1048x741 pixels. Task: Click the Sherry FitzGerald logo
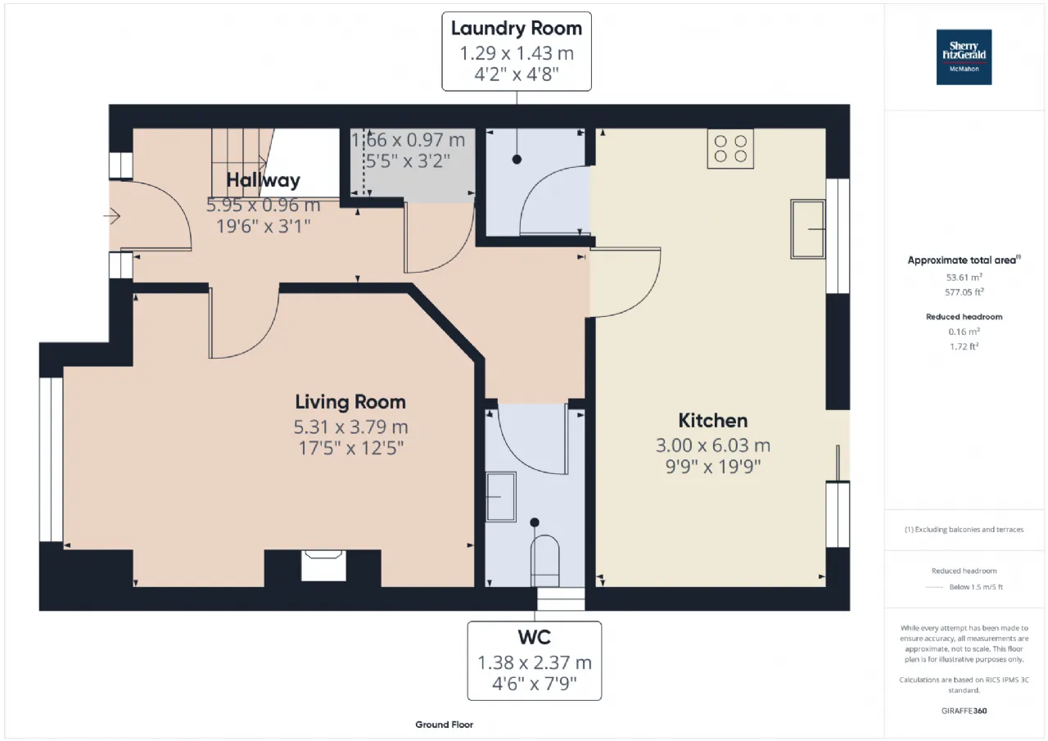(964, 57)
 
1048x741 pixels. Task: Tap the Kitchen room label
(713, 421)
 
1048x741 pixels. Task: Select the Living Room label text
(350, 402)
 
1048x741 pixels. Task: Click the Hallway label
(263, 180)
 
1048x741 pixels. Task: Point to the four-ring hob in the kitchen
(730, 149)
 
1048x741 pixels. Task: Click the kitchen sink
(807, 229)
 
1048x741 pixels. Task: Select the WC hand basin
(501, 497)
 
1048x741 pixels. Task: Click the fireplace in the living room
(323, 566)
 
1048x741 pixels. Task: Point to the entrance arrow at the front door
(112, 216)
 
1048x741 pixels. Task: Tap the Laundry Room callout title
(517, 29)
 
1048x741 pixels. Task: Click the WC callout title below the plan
(535, 637)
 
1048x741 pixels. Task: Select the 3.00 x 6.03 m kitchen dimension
(713, 445)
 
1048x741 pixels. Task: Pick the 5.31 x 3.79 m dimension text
(351, 427)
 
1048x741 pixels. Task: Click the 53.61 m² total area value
(964, 277)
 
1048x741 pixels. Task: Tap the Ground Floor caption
(444, 725)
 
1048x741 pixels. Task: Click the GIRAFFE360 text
(964, 711)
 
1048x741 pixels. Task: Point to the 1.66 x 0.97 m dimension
(408, 140)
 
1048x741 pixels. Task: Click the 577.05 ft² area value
(964, 292)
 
